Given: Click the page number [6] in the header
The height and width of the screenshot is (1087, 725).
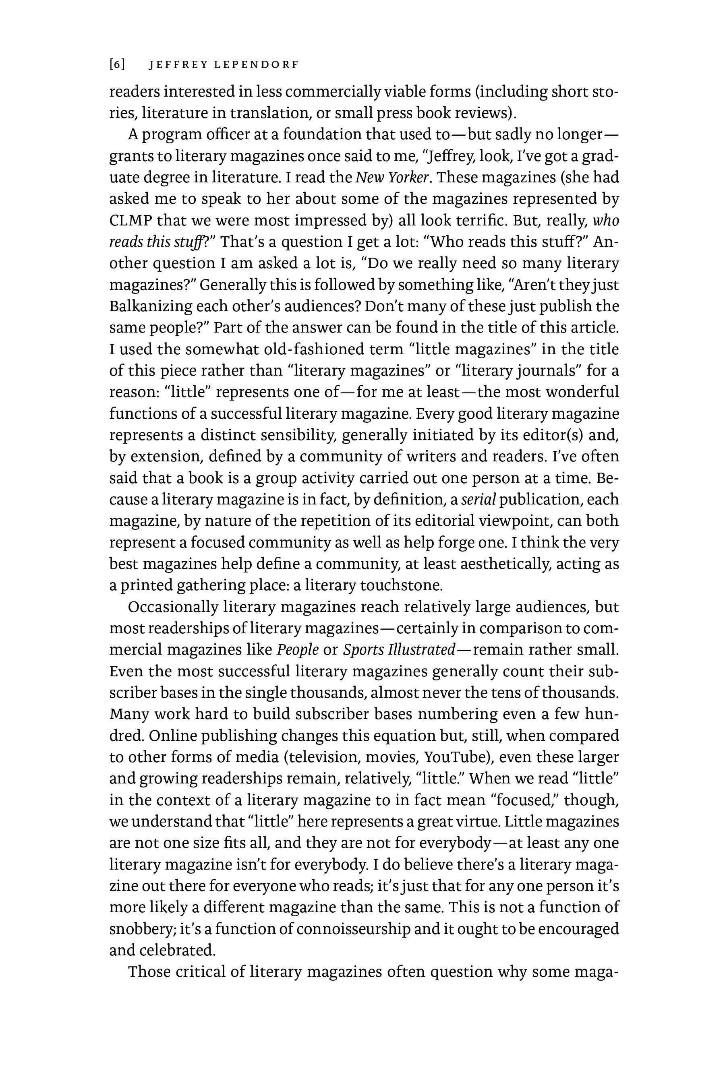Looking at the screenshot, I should [x=118, y=65].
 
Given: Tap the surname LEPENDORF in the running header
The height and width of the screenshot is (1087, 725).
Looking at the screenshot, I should [x=256, y=65].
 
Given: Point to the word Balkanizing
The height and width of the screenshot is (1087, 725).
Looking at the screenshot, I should [x=150, y=306].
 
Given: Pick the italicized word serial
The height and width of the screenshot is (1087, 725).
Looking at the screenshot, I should [x=478, y=500].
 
